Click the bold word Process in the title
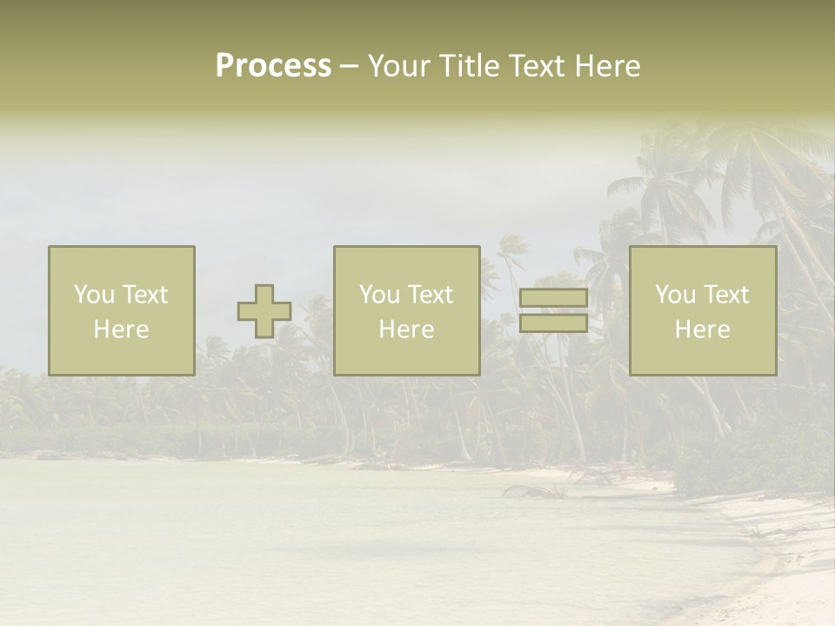pos(273,66)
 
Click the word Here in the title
pos(607,66)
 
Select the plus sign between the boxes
pos(264,311)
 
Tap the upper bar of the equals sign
pos(553,298)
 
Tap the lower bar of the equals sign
pos(553,323)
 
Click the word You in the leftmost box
pos(94,295)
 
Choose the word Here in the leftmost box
pos(121,330)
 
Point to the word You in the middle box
pos(379,295)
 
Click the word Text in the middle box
pos(430,295)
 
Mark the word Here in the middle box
pos(406,330)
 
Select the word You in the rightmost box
pos(675,295)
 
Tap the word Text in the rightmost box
pos(725,295)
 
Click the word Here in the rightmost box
pos(702,330)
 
